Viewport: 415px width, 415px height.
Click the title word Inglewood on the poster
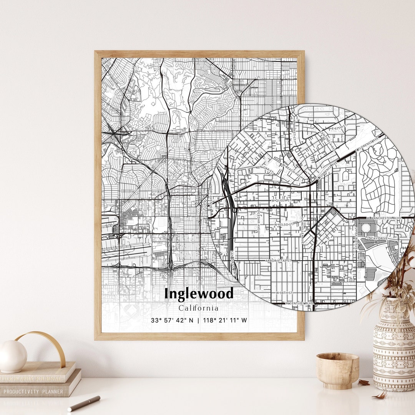(x=199, y=294)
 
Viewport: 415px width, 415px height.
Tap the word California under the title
(x=199, y=308)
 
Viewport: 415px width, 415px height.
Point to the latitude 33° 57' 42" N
(x=173, y=320)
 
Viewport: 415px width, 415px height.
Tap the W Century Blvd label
(x=299, y=303)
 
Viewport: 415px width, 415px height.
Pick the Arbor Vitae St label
(x=279, y=261)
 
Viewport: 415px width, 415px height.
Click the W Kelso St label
(x=284, y=224)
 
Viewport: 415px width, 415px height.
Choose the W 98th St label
(x=284, y=293)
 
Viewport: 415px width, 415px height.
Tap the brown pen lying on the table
(x=84, y=403)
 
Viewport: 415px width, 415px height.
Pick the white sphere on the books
(x=13, y=356)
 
